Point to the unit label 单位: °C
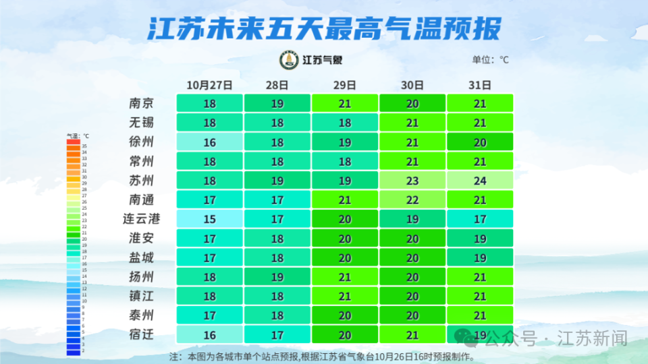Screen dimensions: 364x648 point(490,60)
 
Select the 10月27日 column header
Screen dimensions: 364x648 point(209,85)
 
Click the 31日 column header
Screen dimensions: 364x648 point(479,85)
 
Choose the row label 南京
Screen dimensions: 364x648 point(141,104)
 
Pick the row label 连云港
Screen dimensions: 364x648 point(141,219)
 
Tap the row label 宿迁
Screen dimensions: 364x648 point(141,334)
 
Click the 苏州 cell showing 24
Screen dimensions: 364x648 point(480,181)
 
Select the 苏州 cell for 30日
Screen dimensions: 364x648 point(412,181)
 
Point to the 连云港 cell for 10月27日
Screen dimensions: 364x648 point(209,219)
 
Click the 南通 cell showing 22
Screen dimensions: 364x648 point(412,200)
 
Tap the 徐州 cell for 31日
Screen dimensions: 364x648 point(480,142)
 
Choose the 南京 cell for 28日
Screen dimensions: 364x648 point(277,104)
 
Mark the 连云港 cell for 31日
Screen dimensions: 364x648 point(480,219)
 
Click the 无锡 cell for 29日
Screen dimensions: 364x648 point(344,123)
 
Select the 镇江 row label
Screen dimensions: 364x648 point(141,296)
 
